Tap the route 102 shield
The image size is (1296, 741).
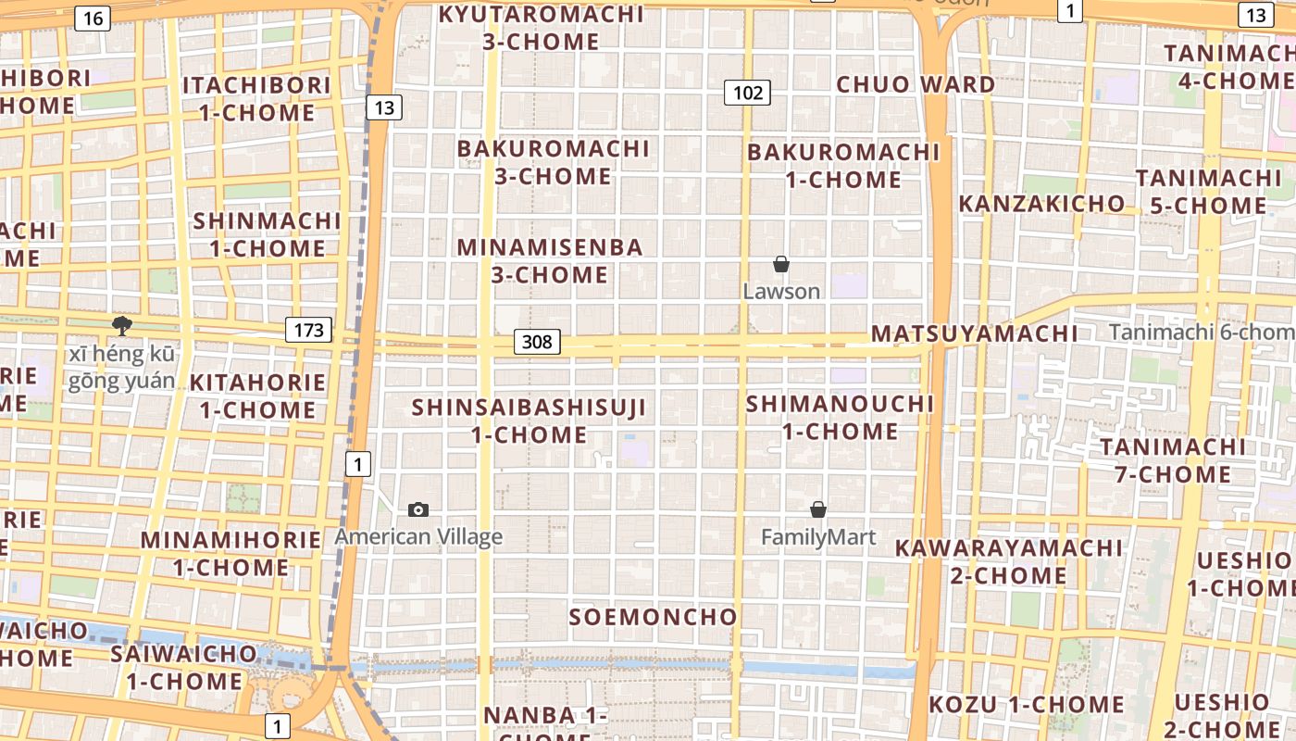(748, 92)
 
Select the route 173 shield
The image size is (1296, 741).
(308, 329)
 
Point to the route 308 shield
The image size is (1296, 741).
(537, 342)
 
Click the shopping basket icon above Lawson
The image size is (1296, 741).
(781, 264)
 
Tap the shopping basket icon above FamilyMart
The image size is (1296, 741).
(818, 509)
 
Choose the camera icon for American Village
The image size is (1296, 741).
(418, 509)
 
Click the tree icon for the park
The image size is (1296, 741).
(121, 325)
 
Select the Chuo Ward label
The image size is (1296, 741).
(916, 84)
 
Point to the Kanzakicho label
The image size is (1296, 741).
(1041, 204)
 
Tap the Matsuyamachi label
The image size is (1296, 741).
(975, 333)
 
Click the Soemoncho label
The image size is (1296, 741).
(654, 617)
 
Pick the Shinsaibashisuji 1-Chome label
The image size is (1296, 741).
(529, 421)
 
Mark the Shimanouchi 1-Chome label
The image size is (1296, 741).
(841, 418)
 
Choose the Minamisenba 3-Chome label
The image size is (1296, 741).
(550, 261)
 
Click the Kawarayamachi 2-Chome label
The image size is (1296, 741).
(1008, 561)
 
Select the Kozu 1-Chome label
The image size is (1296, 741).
(1027, 705)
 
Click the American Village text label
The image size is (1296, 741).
(418, 536)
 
